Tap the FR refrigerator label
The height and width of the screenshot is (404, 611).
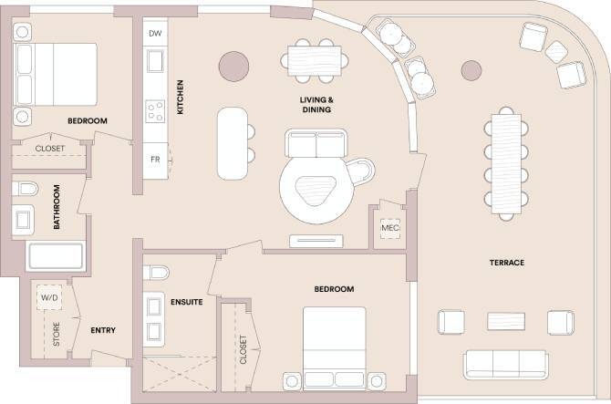tap(156, 159)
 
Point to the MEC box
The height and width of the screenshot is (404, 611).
tap(390, 227)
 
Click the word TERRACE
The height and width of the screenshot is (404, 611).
tap(506, 263)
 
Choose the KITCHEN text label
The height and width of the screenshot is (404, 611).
tap(181, 97)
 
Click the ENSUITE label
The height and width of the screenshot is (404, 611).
tap(186, 302)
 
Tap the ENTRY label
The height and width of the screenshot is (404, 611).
tap(103, 329)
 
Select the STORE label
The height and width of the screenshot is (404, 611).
tap(56, 337)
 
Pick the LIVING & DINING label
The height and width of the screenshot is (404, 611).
tap(315, 104)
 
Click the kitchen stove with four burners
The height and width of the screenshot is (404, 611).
tap(156, 112)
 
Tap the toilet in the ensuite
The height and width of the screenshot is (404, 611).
tap(157, 273)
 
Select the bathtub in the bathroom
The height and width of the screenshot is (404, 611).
tap(56, 256)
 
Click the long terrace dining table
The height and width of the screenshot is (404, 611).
tap(505, 161)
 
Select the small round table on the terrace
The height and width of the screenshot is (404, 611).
tap(471, 69)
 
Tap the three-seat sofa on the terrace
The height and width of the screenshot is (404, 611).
tap(506, 364)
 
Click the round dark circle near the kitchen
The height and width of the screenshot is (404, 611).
tap(234, 65)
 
